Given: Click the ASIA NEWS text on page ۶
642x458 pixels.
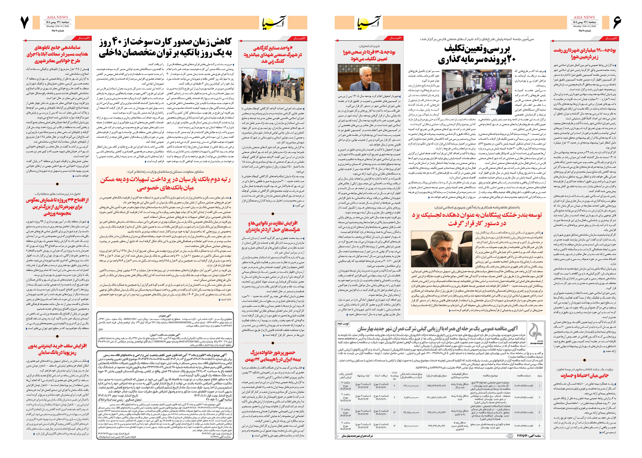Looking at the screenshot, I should [x=584, y=17].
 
